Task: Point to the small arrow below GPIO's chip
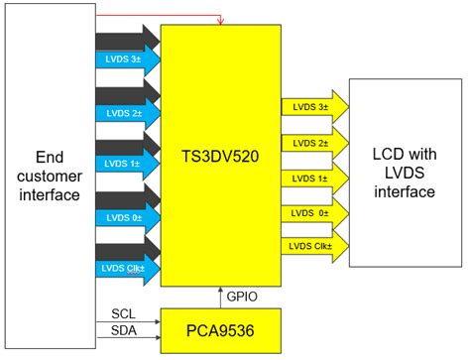[220, 294]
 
